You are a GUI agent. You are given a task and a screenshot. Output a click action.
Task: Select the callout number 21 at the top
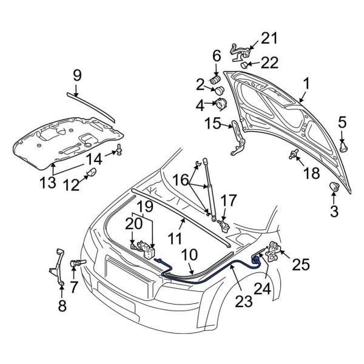[269, 39]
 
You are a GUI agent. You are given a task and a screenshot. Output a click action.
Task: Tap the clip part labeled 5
[344, 146]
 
